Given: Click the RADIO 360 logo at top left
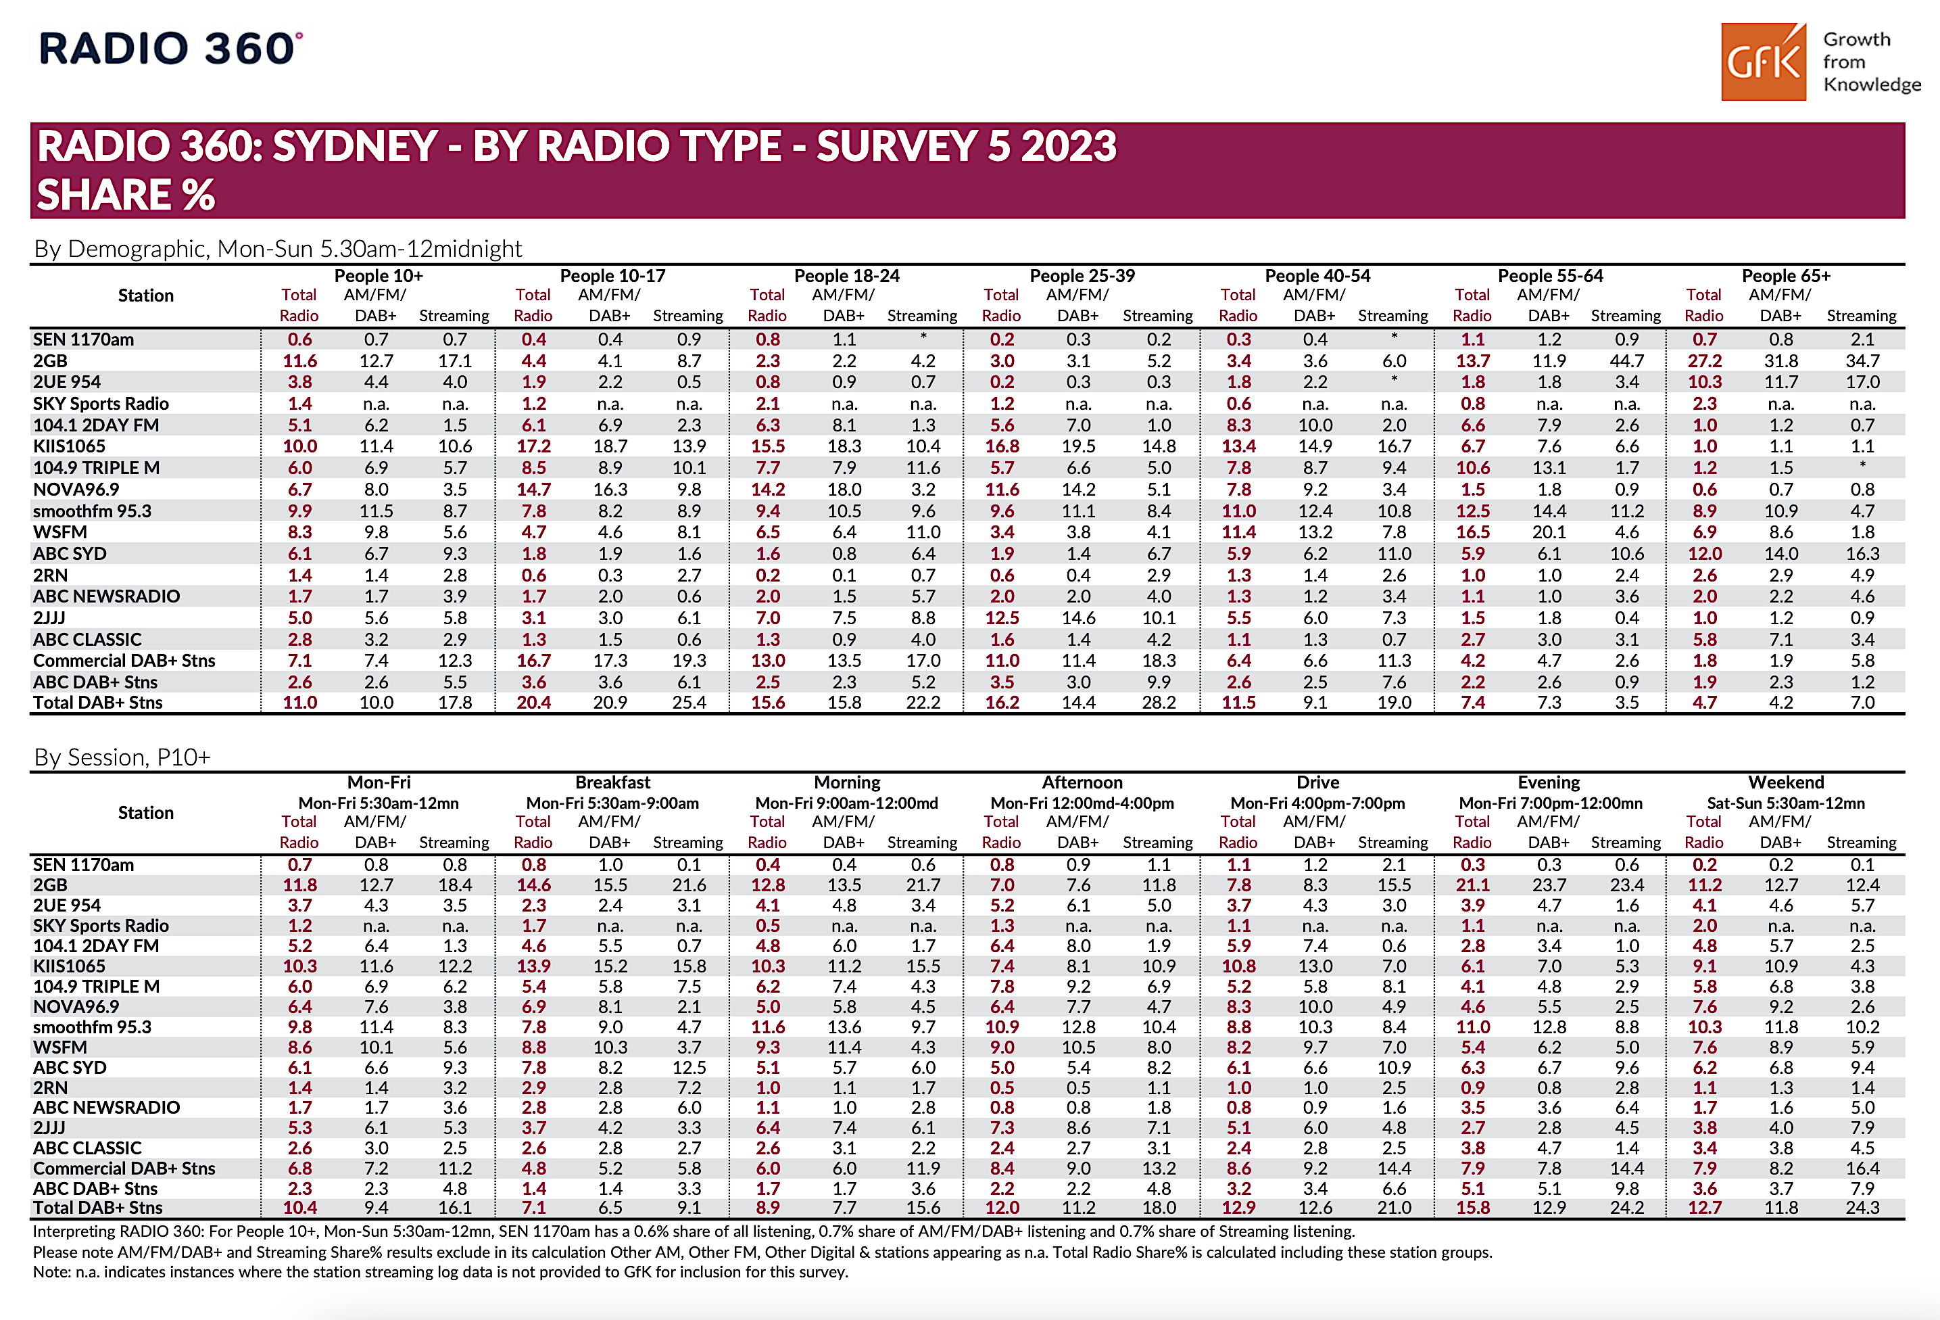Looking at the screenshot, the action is point(171,49).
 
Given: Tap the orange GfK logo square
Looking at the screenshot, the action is point(1763,62).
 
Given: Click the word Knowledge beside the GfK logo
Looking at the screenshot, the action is point(1872,85).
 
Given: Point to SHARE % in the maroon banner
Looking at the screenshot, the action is point(126,195).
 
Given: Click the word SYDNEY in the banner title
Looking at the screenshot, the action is point(355,146).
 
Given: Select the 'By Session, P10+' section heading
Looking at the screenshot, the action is point(122,757).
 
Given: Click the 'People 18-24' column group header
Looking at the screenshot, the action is point(846,275).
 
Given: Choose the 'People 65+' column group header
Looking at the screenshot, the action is point(1786,275).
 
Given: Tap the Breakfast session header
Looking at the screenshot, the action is point(612,782).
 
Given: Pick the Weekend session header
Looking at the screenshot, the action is point(1786,782).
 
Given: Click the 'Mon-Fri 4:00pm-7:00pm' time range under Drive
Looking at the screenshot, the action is point(1317,803).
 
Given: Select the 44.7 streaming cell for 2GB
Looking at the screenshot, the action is point(1626,360).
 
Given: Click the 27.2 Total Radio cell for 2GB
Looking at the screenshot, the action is point(1704,360).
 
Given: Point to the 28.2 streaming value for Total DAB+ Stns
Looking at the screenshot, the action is point(1158,702).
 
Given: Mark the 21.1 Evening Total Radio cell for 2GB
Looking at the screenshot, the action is point(1472,885).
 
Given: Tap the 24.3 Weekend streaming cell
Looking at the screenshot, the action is point(1862,1207).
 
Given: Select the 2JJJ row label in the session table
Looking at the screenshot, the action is point(49,1128).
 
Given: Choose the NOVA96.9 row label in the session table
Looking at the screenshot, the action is point(76,1007).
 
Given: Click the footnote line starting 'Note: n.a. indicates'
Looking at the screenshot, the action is point(440,1271).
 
